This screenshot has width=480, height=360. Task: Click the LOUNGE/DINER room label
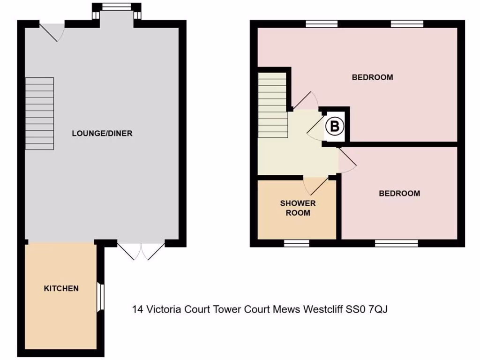point(102,133)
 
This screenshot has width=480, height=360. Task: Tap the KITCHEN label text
point(61,288)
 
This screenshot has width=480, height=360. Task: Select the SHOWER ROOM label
point(298,208)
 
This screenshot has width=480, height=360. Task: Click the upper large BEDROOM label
point(372,77)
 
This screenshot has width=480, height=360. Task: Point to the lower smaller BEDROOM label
point(399,193)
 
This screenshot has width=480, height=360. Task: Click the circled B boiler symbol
point(335,127)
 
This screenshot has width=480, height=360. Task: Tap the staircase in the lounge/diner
point(39,114)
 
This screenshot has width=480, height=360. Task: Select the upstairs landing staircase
point(272,104)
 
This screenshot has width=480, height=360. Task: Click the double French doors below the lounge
point(141,251)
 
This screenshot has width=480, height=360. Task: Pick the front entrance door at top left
point(52,31)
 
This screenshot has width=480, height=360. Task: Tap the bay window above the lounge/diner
point(116,7)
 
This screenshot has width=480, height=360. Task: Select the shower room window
point(297,243)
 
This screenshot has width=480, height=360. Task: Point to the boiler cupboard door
point(316,127)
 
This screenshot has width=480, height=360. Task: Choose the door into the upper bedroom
point(305,100)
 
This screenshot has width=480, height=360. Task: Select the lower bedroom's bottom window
point(396,243)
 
